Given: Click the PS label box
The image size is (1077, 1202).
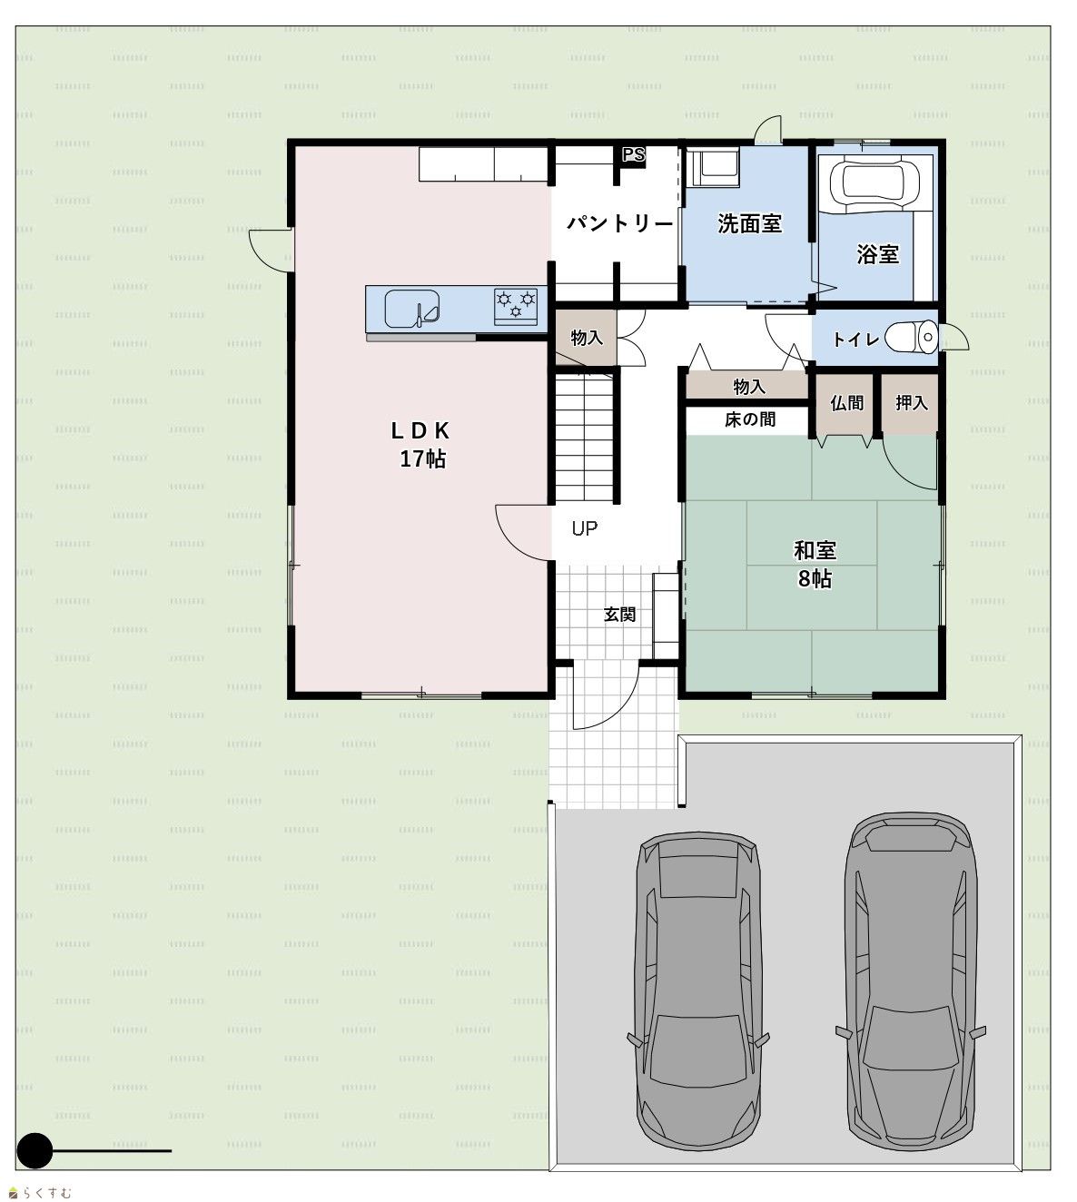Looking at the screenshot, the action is (633, 155).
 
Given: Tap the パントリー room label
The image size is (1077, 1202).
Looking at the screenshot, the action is (619, 223).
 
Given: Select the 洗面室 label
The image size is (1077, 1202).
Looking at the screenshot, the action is (749, 223).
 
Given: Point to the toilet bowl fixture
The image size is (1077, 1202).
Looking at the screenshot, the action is (912, 338).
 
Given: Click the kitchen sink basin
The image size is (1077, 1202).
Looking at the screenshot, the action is (411, 308).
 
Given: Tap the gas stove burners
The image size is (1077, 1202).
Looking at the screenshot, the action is (516, 306).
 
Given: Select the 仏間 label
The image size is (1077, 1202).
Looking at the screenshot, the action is (846, 403).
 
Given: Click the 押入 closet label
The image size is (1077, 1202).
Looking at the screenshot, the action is (912, 403).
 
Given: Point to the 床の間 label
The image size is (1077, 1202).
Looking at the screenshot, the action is (750, 419).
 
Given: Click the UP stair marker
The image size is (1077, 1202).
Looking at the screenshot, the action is (585, 528).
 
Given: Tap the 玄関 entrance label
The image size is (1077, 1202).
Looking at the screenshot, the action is (619, 614).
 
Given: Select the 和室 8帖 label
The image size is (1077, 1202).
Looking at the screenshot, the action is (815, 564).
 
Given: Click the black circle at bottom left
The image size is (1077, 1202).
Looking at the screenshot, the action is (35, 1151).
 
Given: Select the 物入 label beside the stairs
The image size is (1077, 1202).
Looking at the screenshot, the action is (587, 338).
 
